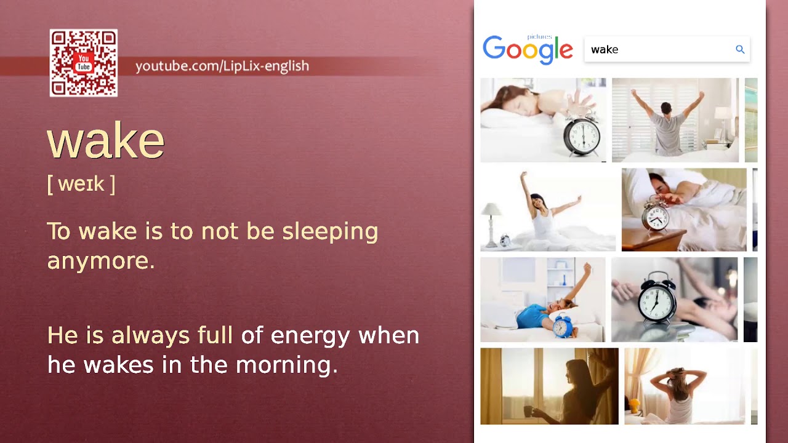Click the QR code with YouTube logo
click(84, 63)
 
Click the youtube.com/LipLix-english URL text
click(222, 66)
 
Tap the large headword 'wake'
click(106, 140)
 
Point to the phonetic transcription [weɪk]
click(81, 183)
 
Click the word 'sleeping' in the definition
click(330, 232)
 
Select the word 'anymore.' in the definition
click(100, 261)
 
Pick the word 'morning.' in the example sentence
click(287, 365)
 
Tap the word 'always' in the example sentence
click(151, 335)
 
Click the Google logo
click(528, 50)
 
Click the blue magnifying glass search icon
click(740, 50)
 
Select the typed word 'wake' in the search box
click(605, 50)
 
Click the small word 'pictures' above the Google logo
click(539, 37)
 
